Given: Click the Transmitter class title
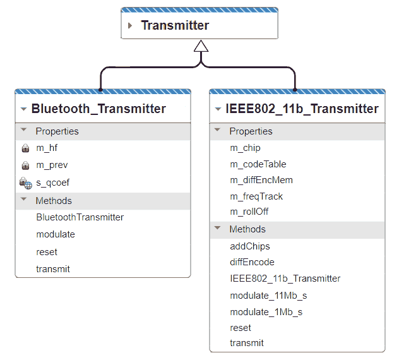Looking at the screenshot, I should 175,26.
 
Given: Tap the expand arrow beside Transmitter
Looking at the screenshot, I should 130,26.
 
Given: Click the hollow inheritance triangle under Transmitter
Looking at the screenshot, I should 201,46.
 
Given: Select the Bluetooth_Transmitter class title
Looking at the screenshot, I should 98,109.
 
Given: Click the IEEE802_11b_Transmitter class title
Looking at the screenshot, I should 302,109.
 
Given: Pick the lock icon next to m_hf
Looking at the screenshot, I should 25,148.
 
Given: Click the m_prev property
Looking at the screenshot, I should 52,165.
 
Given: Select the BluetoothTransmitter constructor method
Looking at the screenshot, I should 80,217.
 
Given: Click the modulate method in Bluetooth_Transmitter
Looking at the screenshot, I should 56,234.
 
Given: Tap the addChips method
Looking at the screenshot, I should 250,246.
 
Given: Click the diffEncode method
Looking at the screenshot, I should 252,262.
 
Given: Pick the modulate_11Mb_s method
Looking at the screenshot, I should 268,296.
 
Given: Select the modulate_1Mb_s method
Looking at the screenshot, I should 266,312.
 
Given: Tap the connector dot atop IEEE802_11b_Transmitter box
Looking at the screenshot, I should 295,89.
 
